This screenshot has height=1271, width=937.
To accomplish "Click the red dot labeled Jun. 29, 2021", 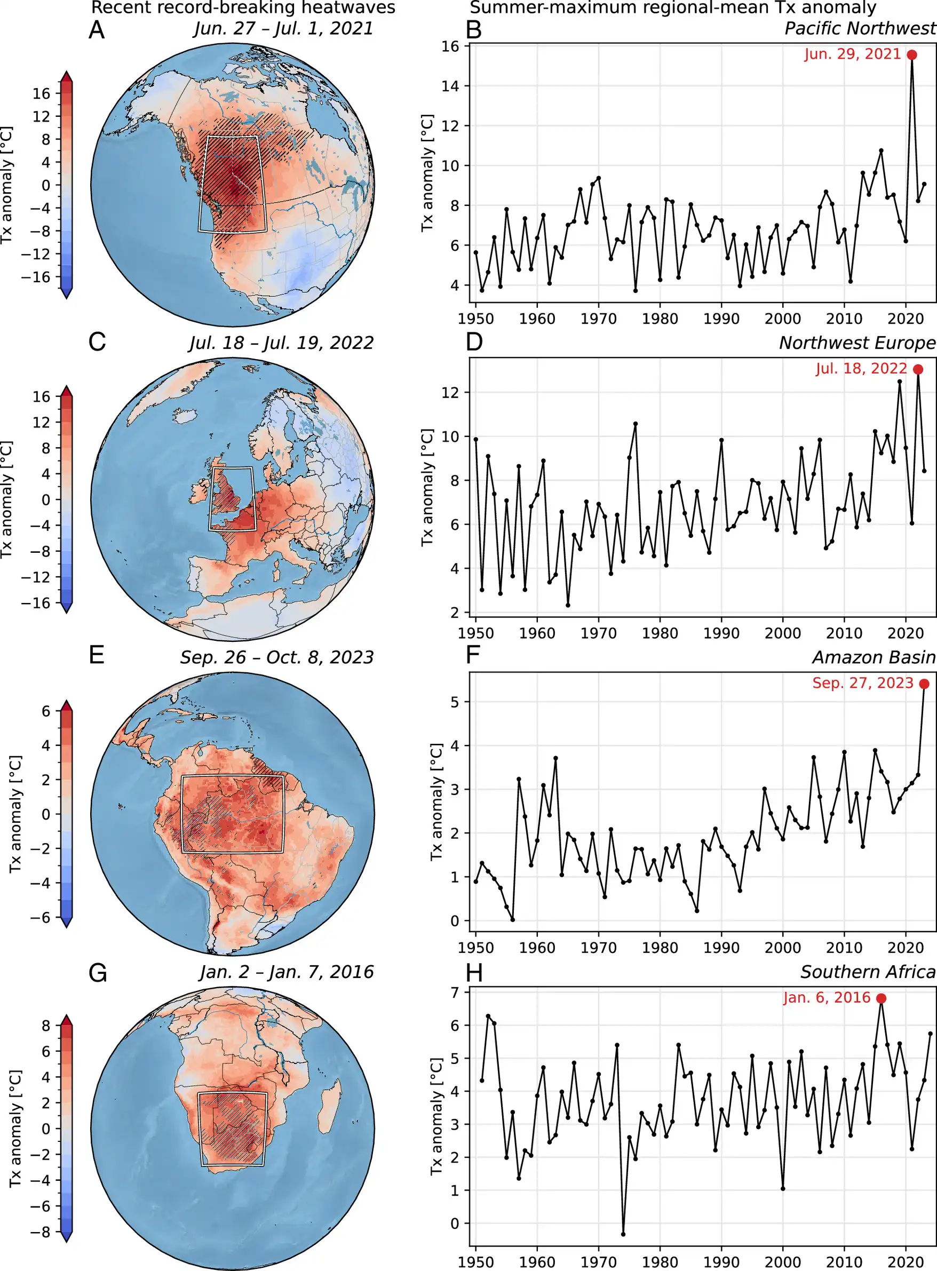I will pyautogui.click(x=912, y=55).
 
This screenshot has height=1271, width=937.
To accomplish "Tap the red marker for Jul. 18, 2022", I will pyautogui.click(x=918, y=369).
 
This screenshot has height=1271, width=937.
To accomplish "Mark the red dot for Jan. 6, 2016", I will pyautogui.click(x=881, y=999).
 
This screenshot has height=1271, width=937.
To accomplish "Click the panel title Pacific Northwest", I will pyautogui.click(x=860, y=28).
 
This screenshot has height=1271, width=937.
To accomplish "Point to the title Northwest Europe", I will pyautogui.click(x=857, y=343).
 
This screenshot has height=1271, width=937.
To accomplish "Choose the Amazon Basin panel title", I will pyautogui.click(x=874, y=657).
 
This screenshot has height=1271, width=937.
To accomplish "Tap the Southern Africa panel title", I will pyautogui.click(x=868, y=972).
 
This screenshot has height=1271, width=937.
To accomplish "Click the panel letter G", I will pyautogui.click(x=98, y=973).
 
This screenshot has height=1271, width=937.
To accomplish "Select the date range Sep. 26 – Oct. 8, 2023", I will pyautogui.click(x=277, y=657).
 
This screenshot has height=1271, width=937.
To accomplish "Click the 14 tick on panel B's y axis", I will pyautogui.click(x=451, y=86).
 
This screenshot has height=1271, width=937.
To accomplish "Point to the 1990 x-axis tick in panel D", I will pyautogui.click(x=721, y=633).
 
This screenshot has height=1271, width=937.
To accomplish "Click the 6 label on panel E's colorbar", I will pyautogui.click(x=45, y=711).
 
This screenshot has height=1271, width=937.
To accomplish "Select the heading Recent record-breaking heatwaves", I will pyautogui.click(x=243, y=8).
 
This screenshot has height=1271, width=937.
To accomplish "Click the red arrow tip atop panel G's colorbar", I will pyautogui.click(x=66, y=1020).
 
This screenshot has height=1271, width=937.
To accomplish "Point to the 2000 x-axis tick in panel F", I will pyautogui.click(x=783, y=948).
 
